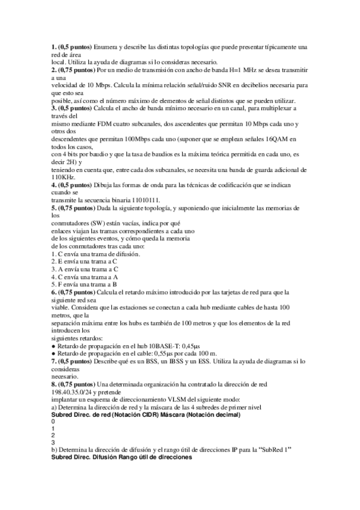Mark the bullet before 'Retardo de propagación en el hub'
(53, 346)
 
